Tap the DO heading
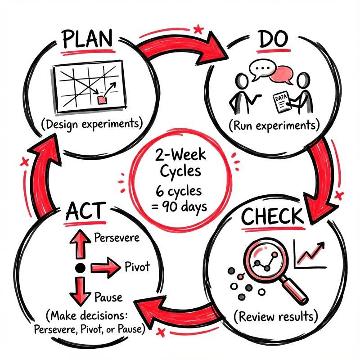tap(273, 40)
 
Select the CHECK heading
tap(272, 217)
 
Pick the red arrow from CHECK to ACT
tap(180, 311)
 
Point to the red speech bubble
tap(282, 73)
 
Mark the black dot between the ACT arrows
tap(80, 269)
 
